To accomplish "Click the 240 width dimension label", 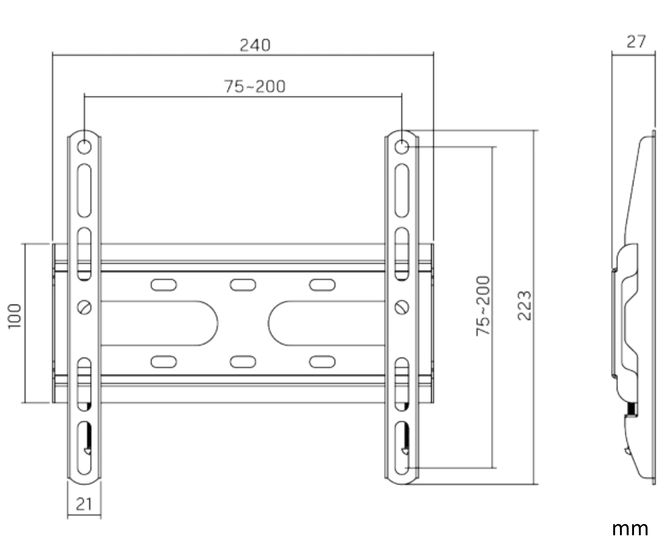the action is click(x=255, y=45).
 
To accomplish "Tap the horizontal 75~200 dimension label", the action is click(x=255, y=86).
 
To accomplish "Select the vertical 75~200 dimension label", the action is click(x=483, y=306).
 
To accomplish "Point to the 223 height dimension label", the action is click(x=524, y=306).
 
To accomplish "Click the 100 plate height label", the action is click(x=15, y=316).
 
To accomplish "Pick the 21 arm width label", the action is click(x=84, y=504).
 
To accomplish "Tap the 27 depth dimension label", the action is click(x=636, y=42).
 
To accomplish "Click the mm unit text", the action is click(x=630, y=529).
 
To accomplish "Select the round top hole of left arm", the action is click(x=84, y=147).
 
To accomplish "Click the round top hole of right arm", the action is click(x=402, y=147).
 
